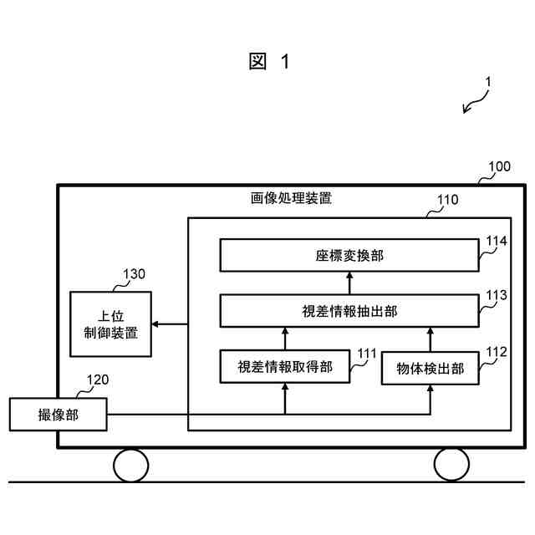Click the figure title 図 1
[269, 62]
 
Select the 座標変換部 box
[349, 255]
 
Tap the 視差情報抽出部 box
[349, 311]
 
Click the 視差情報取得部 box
[284, 366]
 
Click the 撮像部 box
[59, 415]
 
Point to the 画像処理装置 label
[291, 199]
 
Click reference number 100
[498, 166]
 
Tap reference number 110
[448, 201]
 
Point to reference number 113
[497, 295]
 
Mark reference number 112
[497, 352]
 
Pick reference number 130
[134, 274]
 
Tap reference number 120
[97, 380]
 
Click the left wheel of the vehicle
[131, 465]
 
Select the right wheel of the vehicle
[451, 465]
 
